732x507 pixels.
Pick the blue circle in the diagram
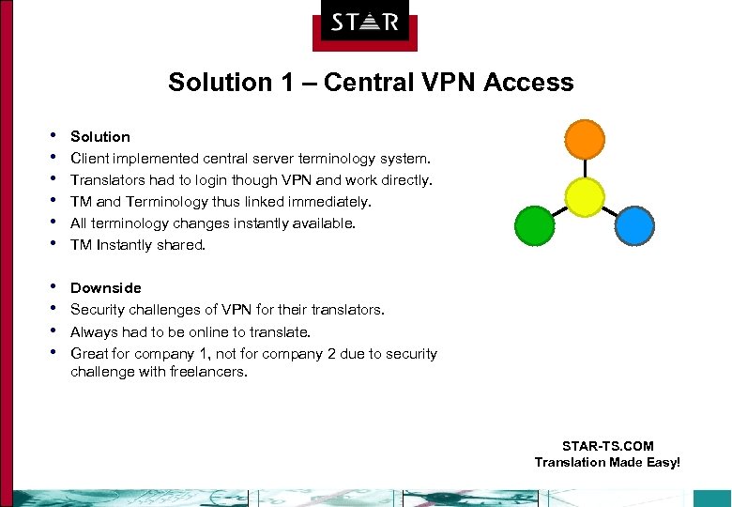click(x=634, y=225)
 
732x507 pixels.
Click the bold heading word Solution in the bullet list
click(x=100, y=137)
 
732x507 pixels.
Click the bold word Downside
click(x=106, y=288)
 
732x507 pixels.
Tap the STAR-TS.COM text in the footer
click(x=607, y=446)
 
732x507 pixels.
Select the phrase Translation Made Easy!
click(x=607, y=462)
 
